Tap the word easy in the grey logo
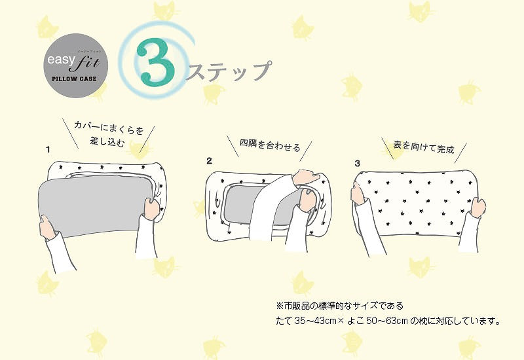60,60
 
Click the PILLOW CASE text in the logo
74,79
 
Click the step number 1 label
48,150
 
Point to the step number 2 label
209,161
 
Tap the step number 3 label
358,163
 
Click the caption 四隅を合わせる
270,145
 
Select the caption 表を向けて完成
424,147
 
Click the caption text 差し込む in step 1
107,141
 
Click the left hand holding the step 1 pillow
48,226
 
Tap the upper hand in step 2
305,177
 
